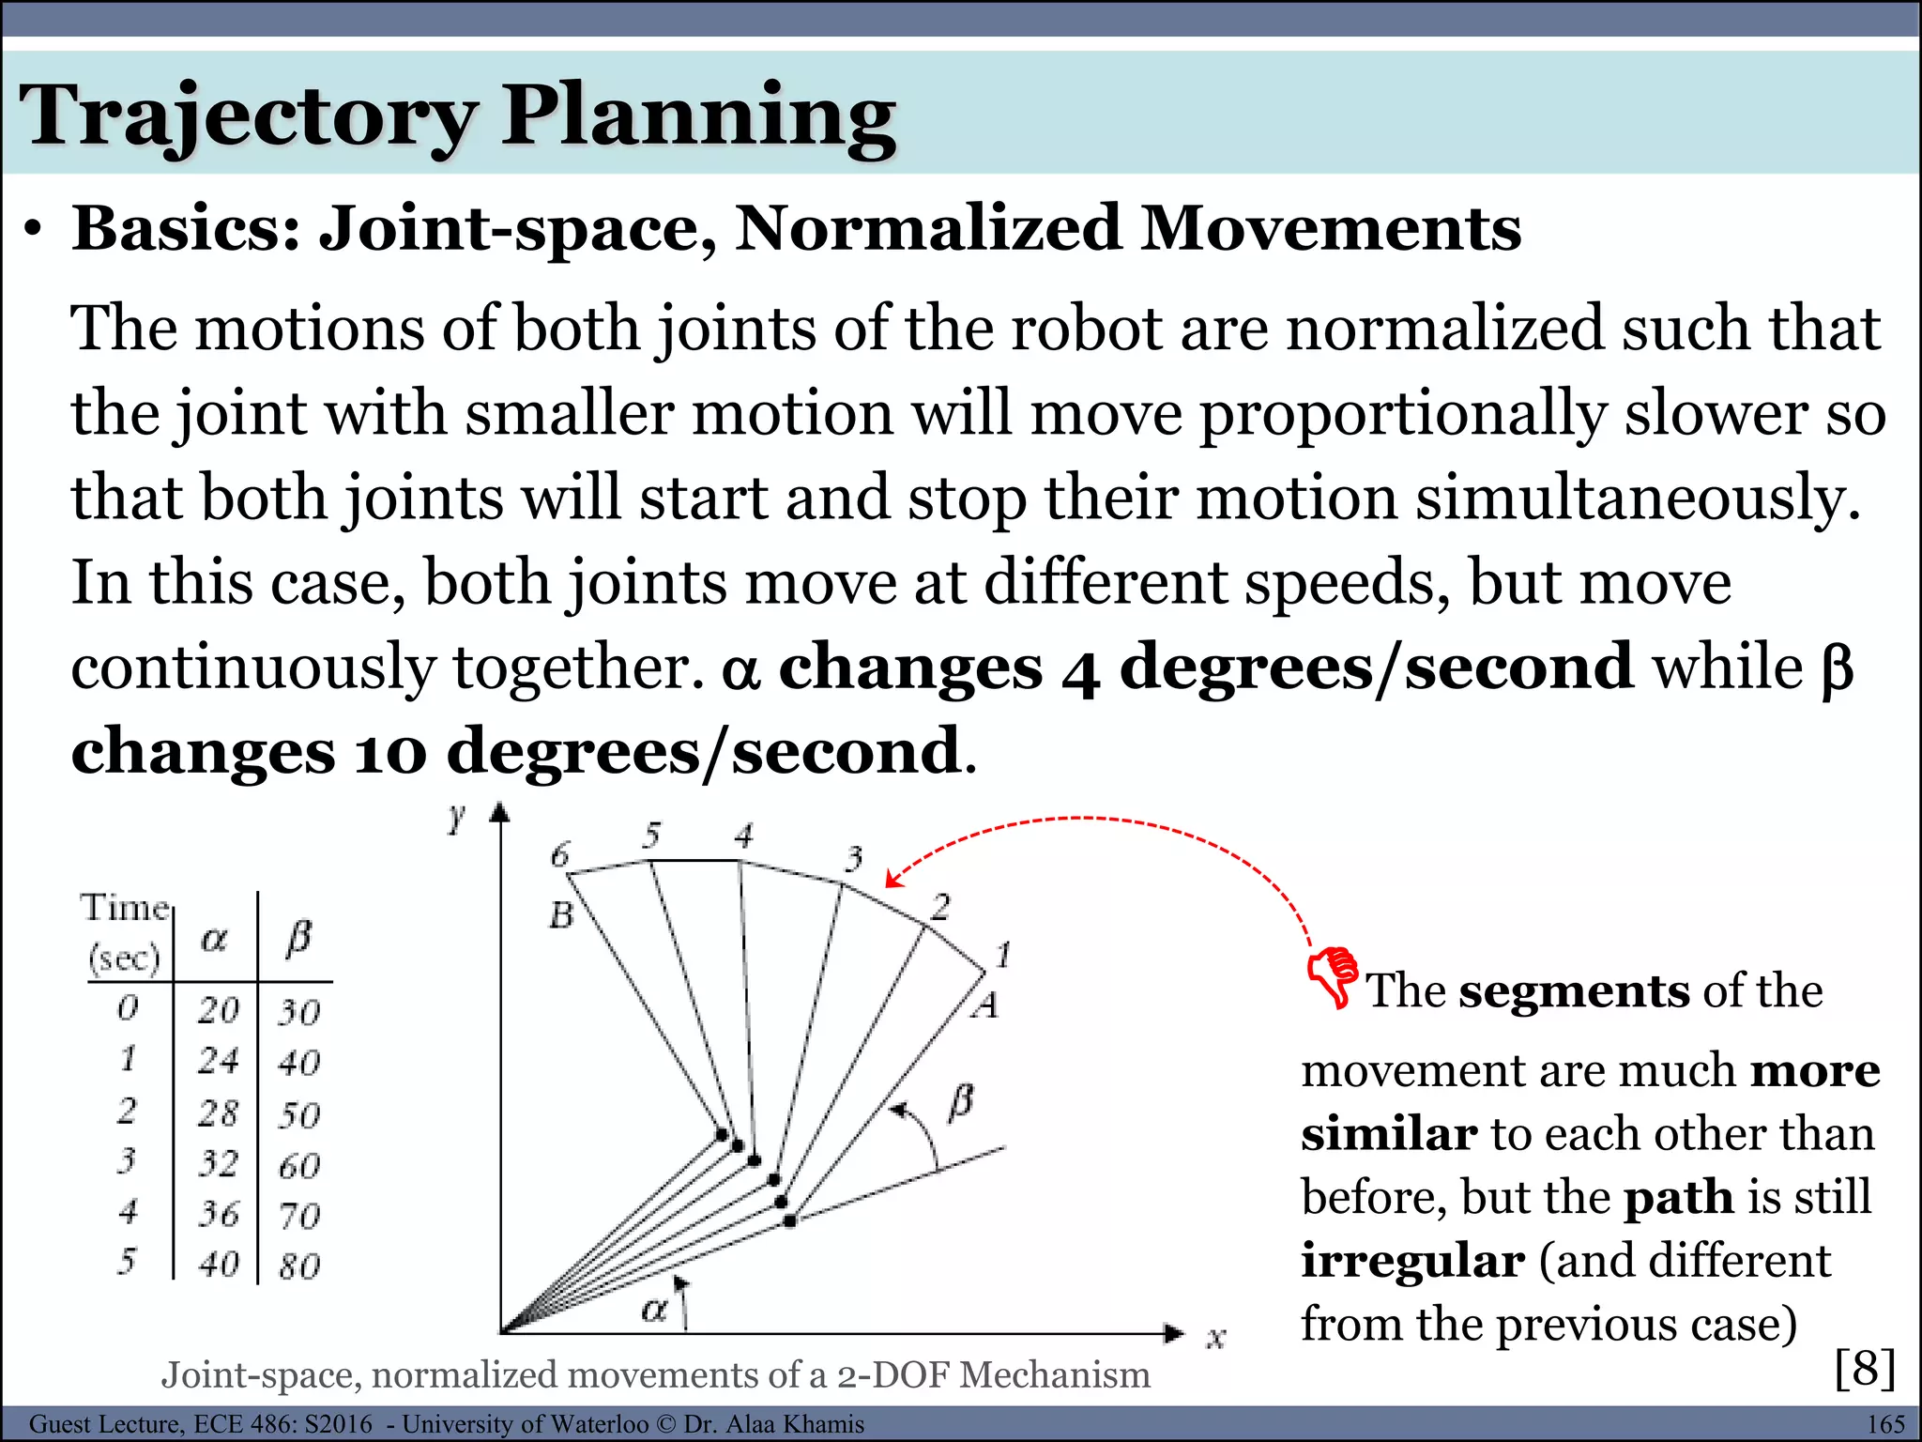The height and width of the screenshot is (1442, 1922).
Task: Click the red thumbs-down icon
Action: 1333,976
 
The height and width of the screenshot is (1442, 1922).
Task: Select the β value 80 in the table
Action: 299,1266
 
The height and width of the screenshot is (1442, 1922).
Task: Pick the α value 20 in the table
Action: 219,1010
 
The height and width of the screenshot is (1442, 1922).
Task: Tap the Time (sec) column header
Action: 125,932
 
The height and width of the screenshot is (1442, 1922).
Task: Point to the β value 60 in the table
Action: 299,1166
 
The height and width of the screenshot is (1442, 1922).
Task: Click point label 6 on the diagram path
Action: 560,854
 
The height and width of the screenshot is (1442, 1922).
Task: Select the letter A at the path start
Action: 984,1006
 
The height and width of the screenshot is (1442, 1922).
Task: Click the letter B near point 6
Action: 561,914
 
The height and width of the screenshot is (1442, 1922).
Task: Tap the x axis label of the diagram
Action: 1215,1337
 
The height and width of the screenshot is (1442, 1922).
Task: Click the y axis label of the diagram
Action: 457,819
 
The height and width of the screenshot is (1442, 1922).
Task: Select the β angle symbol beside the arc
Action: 961,1101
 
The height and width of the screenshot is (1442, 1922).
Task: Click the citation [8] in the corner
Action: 1865,1368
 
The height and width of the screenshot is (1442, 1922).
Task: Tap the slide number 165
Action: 1885,1424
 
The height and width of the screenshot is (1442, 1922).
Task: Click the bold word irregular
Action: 1412,1260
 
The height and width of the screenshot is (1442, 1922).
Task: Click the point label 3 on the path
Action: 854,858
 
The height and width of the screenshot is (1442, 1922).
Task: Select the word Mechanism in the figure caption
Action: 1055,1374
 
